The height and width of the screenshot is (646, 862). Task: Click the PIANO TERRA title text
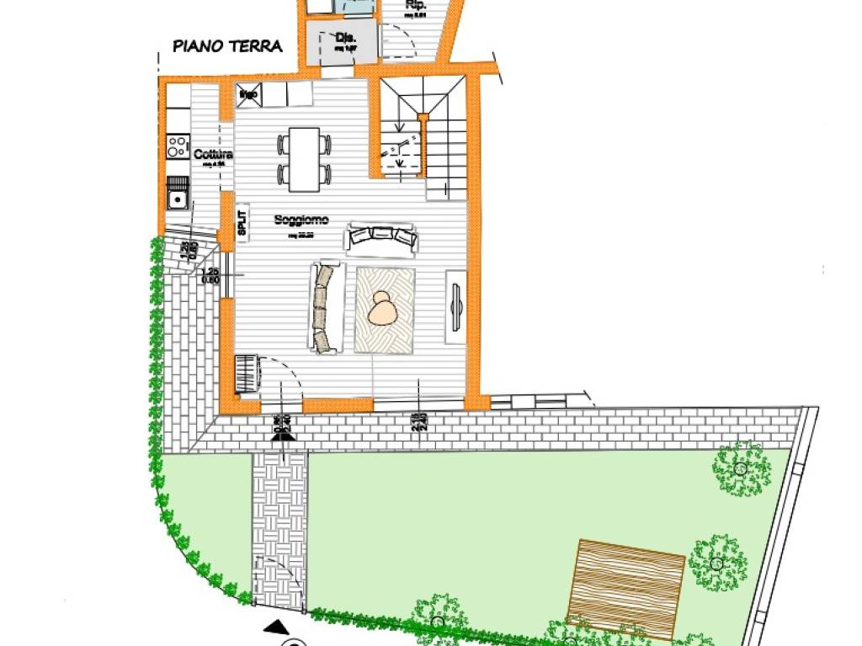tap(227, 46)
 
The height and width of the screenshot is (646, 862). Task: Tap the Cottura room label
tap(212, 156)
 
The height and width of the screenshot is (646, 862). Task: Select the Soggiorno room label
tap(301, 220)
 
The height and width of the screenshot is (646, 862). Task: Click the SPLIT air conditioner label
tap(242, 223)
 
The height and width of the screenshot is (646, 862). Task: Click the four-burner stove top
tap(177, 148)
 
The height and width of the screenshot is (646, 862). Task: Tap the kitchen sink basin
tap(177, 200)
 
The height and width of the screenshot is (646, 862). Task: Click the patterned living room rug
tap(385, 310)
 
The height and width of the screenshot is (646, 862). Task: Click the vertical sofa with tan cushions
tap(326, 307)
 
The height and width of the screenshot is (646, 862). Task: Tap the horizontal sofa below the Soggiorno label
tap(381, 238)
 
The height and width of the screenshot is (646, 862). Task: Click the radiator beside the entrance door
tap(246, 373)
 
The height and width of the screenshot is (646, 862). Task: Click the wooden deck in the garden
tap(626, 587)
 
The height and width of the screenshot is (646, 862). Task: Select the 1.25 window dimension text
tap(210, 272)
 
